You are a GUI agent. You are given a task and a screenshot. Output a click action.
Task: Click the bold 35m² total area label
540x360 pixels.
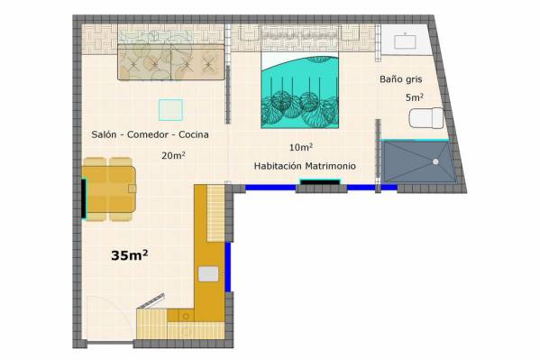pyautogui.click(x=130, y=255)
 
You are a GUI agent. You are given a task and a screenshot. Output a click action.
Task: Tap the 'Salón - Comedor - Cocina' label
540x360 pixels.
pyautogui.click(x=150, y=134)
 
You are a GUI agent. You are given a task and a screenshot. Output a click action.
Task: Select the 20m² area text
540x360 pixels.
pyautogui.click(x=174, y=155)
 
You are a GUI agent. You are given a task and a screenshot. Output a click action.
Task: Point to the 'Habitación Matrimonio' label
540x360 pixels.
pyautogui.click(x=305, y=166)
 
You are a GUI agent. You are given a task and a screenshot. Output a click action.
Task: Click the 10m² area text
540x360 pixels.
pyautogui.click(x=301, y=147)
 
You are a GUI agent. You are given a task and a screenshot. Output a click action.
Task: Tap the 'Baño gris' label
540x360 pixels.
pyautogui.click(x=401, y=79)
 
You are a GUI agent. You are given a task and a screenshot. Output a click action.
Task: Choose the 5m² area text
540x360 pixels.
pyautogui.click(x=415, y=97)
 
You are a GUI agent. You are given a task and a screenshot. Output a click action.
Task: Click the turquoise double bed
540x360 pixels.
pyautogui.click(x=299, y=90)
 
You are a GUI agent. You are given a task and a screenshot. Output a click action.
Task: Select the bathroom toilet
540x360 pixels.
pyautogui.click(x=426, y=118)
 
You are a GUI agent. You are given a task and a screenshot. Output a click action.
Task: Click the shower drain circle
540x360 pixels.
pyautogui.click(x=435, y=162)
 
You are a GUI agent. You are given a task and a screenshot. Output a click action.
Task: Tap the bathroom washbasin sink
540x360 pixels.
pyautogui.click(x=405, y=42)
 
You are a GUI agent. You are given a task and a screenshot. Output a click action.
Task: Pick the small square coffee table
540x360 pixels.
pyautogui.click(x=170, y=110)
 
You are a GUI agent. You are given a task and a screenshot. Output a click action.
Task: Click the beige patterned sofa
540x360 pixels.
pyautogui.click(x=170, y=62)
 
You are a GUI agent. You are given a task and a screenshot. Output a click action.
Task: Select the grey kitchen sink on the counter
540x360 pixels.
pyautogui.click(x=208, y=273)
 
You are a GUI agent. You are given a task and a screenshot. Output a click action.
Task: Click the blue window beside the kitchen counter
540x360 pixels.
pyautogui.click(x=228, y=267)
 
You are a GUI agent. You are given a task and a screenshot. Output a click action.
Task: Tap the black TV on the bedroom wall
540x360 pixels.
pyautogui.click(x=320, y=181)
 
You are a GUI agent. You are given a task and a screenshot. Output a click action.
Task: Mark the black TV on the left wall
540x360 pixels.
pyautogui.click(x=84, y=198)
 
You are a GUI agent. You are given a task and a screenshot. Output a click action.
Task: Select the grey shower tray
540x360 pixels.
pyautogui.click(x=418, y=162)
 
